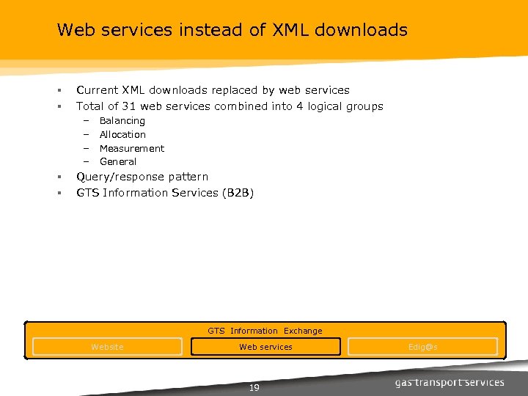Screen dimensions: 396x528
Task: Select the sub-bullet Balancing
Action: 122,120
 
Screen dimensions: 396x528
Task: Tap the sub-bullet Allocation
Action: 122,134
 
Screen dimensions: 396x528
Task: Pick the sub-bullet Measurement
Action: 132,148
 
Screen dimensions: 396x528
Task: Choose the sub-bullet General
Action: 118,161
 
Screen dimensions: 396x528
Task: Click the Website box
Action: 107,347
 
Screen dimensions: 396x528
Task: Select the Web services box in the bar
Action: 265,347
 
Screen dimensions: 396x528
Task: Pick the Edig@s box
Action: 422,347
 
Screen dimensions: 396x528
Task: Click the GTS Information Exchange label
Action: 265,331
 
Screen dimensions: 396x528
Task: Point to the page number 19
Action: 254,388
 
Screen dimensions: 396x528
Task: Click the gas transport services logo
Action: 450,382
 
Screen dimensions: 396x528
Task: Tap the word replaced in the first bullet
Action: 233,90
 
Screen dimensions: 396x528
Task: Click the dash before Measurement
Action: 85,148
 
